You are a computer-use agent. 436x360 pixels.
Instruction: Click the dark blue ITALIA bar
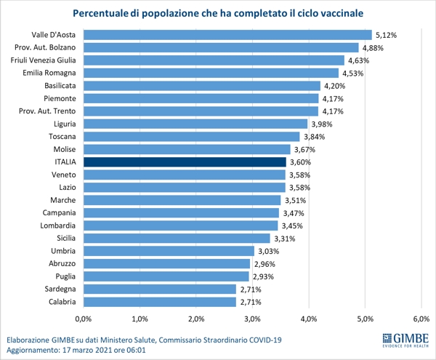point(185,161)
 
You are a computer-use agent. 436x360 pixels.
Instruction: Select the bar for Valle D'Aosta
point(227,35)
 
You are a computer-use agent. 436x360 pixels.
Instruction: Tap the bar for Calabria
point(159,301)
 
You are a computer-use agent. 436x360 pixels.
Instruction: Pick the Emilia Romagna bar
point(211,73)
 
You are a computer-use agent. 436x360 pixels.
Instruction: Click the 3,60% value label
point(299,161)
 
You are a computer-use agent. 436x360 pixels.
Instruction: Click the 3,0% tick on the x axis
point(252,319)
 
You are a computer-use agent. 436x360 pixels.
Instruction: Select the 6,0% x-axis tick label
point(421,319)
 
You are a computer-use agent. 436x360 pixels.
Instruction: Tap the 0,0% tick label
point(83,319)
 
